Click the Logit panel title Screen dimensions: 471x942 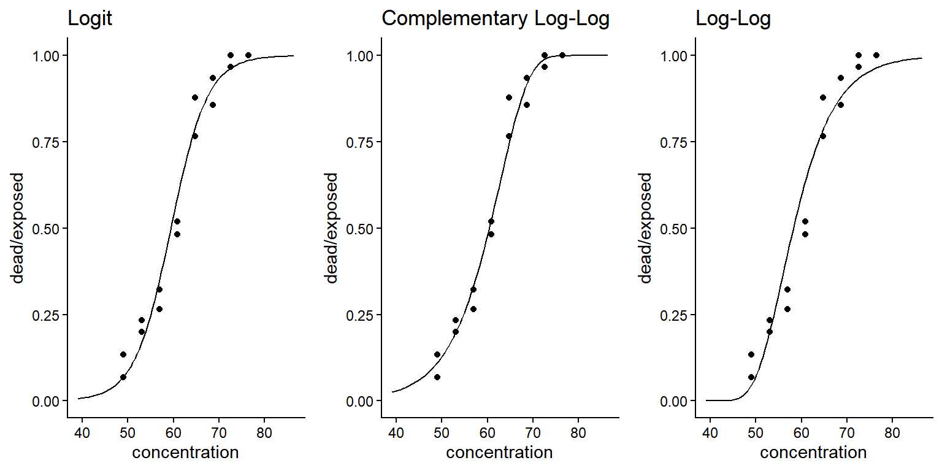click(x=90, y=19)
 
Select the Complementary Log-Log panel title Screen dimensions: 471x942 click(x=496, y=19)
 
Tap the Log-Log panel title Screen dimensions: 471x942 click(x=733, y=19)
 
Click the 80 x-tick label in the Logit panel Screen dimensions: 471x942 click(x=264, y=433)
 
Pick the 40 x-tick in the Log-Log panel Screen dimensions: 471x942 click(x=710, y=433)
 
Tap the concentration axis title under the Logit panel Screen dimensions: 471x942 click(x=185, y=453)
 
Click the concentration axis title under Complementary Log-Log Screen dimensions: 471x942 click(x=499, y=453)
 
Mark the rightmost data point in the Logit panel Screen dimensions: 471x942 click(x=248, y=55)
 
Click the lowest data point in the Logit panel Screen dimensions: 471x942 click(x=123, y=377)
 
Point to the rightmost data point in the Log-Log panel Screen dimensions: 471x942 click(x=876, y=55)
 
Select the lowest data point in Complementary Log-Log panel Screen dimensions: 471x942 click(x=437, y=377)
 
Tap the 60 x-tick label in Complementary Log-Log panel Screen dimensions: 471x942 click(x=487, y=433)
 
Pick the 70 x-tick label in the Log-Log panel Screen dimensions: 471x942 click(x=846, y=433)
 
